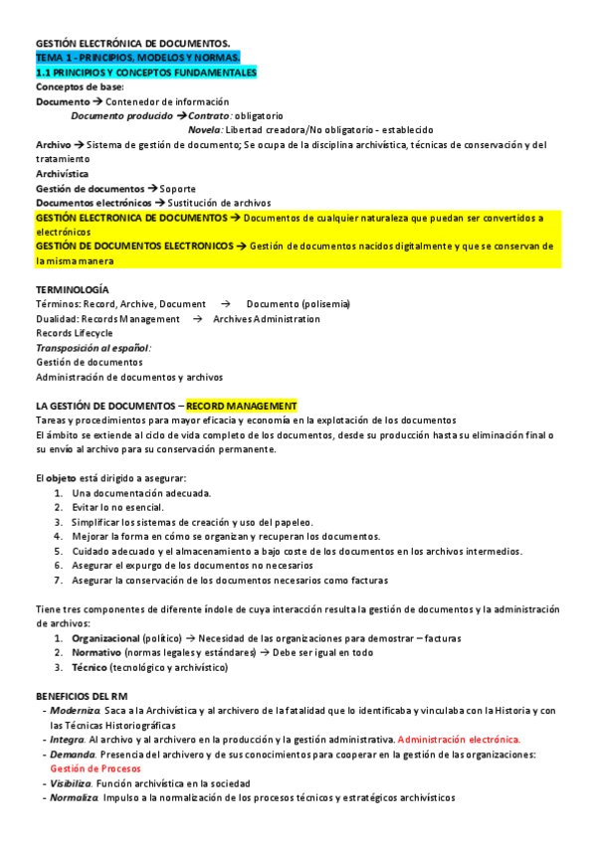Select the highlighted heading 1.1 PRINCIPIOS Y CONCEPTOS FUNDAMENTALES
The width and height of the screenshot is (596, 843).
[x=146, y=73]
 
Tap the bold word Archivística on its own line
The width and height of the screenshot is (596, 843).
[x=62, y=174]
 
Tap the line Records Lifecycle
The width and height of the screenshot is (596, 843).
[x=75, y=333]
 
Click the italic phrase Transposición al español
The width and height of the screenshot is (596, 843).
[x=93, y=348]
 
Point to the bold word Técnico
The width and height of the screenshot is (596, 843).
[x=90, y=667]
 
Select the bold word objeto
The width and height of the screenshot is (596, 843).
[x=63, y=478]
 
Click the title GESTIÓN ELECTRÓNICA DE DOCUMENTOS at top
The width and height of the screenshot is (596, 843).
[x=132, y=44]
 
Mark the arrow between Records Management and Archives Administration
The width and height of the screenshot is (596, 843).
[x=197, y=319]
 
